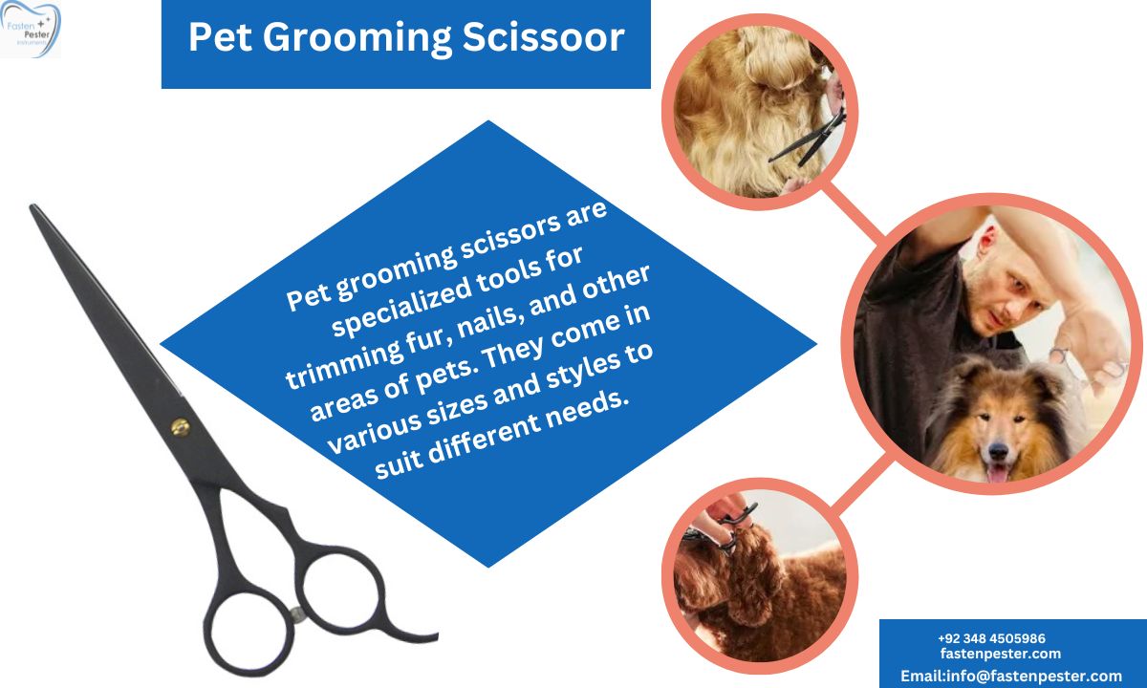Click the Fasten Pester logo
pyautogui.click(x=31, y=29)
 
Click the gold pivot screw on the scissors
pyautogui.click(x=181, y=427)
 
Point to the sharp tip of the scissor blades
pyautogui.click(x=33, y=207)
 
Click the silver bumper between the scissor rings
pyautogui.click(x=296, y=614)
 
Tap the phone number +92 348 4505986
pyautogui.click(x=992, y=638)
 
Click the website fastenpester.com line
pyautogui.click(x=1001, y=654)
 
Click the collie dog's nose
pyautogui.click(x=999, y=450)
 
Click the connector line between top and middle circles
pyautogui.click(x=853, y=213)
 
